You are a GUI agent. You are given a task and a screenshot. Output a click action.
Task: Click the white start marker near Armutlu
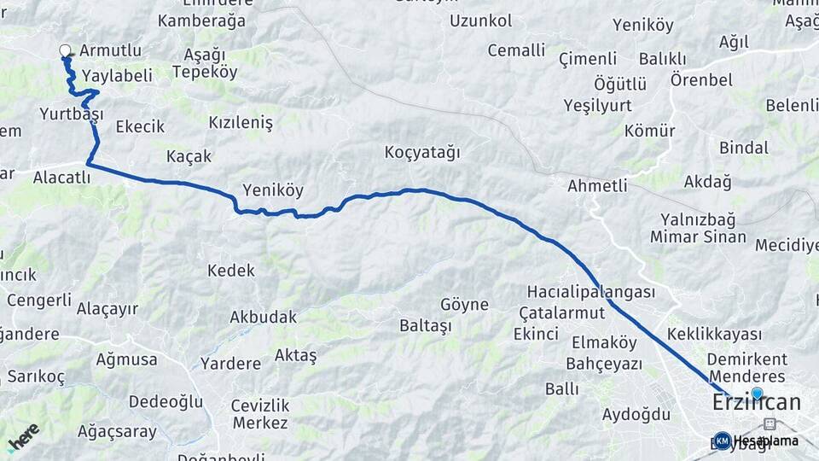[x=65, y=50]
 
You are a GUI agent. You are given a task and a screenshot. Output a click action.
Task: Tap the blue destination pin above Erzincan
[x=757, y=393]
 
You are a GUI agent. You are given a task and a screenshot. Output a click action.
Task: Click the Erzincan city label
[x=757, y=403]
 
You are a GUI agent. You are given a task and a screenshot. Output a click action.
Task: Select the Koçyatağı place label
[x=422, y=153]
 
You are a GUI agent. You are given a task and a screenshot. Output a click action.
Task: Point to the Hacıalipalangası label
[x=591, y=292]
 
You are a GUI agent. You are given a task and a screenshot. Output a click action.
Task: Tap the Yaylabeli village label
[x=117, y=75]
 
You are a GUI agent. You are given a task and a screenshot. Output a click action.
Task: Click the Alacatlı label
[x=61, y=178]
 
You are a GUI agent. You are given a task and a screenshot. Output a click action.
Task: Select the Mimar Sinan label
[x=698, y=237]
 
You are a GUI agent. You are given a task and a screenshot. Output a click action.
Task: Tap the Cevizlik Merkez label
[x=260, y=414]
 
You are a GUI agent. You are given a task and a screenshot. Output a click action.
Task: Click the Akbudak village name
[x=264, y=317]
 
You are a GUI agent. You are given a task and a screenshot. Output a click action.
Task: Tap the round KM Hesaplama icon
[x=722, y=441]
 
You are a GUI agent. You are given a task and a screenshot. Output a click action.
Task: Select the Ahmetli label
[x=597, y=185]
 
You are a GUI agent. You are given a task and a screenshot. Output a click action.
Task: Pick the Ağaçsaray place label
[x=117, y=432]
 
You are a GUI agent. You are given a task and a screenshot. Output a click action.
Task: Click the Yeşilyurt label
[x=597, y=105]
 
